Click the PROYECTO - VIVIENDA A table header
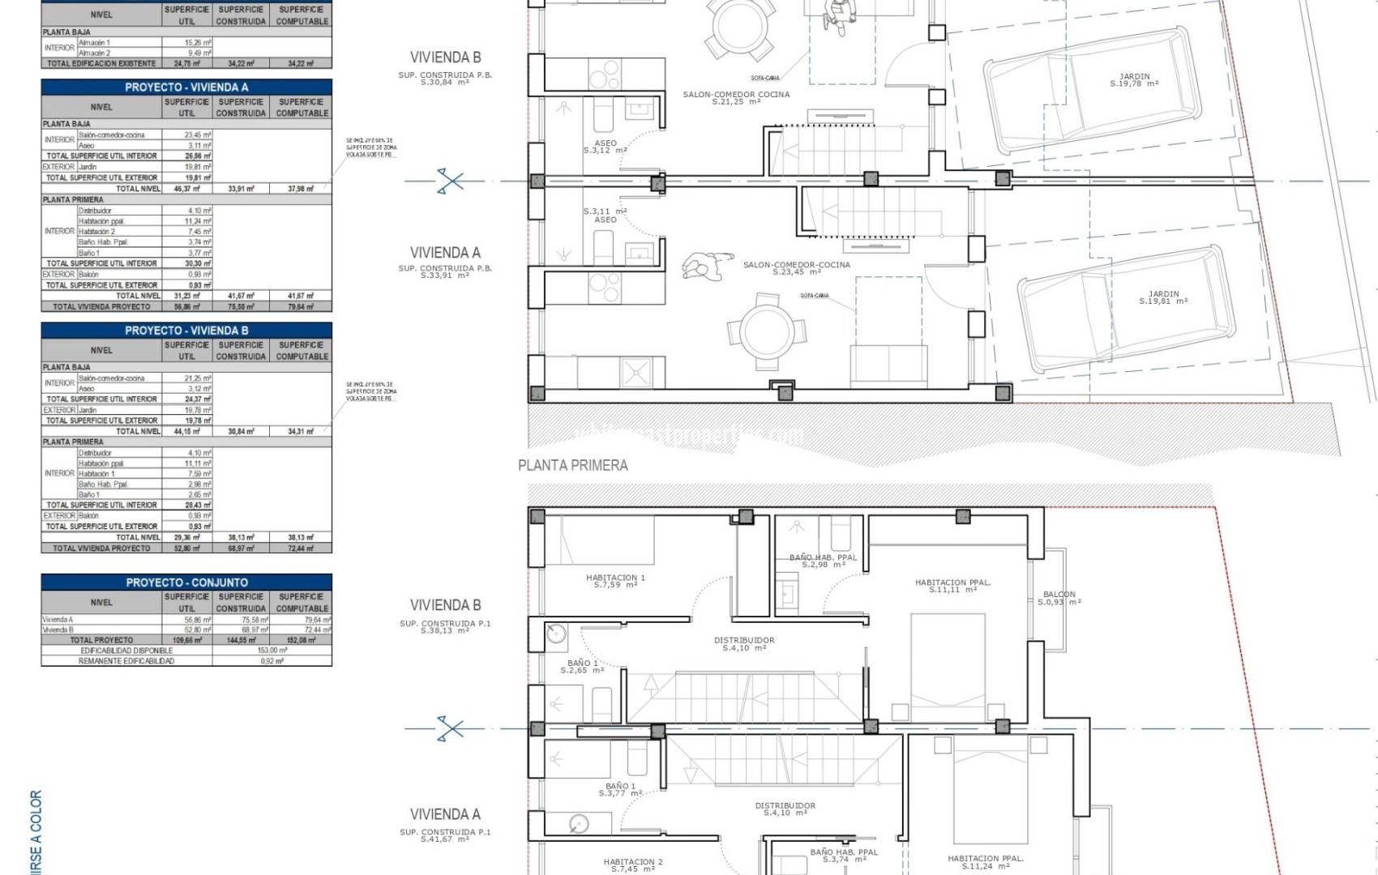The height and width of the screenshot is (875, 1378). click(186, 87)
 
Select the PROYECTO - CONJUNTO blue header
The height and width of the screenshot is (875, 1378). click(186, 583)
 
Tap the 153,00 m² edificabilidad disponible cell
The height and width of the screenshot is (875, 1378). click(272, 651)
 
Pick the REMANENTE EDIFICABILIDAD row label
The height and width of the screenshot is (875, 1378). click(126, 661)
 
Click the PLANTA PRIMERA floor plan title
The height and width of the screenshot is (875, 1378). click(573, 465)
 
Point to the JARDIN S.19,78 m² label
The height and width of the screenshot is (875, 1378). click(1134, 79)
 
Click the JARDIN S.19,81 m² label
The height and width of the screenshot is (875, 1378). click(1163, 297)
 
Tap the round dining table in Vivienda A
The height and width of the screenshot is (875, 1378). click(766, 331)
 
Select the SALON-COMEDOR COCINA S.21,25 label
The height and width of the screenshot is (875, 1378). click(736, 97)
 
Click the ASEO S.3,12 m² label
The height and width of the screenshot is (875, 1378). click(605, 147)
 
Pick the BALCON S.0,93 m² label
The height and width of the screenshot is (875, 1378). click(1059, 598)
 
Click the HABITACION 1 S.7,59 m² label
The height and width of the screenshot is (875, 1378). click(615, 581)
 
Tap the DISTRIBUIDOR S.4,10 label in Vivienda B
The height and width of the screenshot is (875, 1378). click(743, 643)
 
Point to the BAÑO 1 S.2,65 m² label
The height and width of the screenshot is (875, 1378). click(584, 666)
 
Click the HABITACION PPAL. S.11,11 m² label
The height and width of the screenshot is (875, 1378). click(952, 586)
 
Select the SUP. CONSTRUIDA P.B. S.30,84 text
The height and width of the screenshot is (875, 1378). click(444, 79)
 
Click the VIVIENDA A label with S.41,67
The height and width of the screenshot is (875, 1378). click(444, 814)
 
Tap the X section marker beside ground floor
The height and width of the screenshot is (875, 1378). click(450, 181)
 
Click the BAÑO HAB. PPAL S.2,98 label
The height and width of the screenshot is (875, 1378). click(823, 561)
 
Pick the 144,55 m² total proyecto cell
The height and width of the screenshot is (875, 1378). click(241, 640)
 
